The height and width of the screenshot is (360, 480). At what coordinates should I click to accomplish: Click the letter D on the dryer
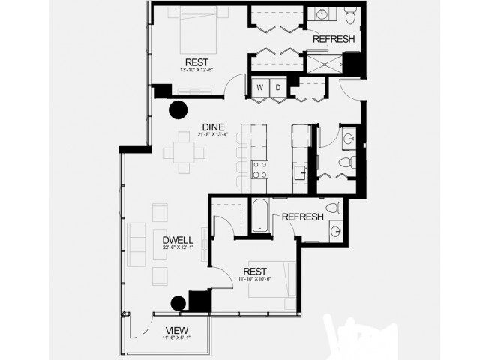(x=277, y=88)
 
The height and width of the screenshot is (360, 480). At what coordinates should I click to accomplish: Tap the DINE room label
(x=210, y=127)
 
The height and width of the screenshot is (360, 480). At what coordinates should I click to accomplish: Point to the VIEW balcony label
(x=177, y=330)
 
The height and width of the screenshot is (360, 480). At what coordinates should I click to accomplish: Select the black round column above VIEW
(x=178, y=303)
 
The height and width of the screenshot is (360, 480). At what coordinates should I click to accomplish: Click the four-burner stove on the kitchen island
(x=259, y=169)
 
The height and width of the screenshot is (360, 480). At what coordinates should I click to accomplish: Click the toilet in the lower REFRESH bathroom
(x=339, y=208)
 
